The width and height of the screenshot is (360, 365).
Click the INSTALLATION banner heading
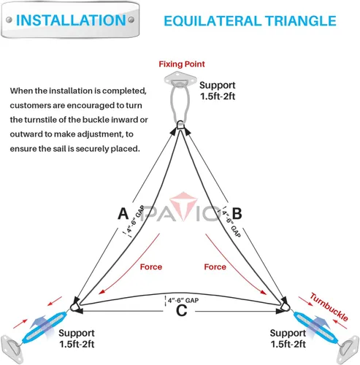point(71,20)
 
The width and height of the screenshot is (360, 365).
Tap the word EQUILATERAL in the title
point(212,21)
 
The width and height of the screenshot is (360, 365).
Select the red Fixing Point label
point(182,64)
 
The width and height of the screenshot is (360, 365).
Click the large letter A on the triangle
point(123,213)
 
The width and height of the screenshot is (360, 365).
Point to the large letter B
point(237,213)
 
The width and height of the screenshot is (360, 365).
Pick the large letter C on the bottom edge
point(182,310)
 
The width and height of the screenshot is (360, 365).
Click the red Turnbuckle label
point(329,307)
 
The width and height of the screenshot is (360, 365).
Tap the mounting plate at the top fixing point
point(180,79)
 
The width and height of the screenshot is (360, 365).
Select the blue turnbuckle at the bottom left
point(45,326)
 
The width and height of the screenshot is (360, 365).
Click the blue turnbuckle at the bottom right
point(315,326)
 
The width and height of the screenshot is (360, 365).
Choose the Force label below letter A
point(151,267)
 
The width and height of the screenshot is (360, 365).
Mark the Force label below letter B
point(215,267)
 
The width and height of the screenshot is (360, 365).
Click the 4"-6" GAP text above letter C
point(183,300)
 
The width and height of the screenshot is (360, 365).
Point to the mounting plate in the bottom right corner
point(348,350)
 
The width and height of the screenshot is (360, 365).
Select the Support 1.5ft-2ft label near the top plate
point(218,91)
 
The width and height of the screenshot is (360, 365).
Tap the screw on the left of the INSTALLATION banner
point(9,20)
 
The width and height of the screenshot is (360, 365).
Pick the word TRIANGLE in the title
point(300,21)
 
